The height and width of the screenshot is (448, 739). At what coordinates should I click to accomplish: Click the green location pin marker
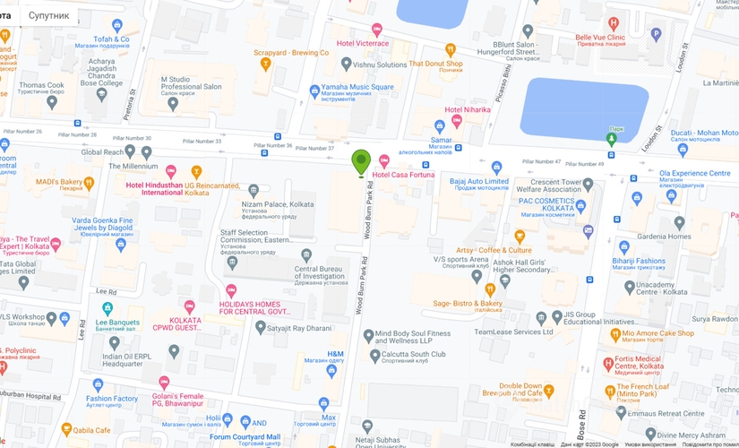point(361,161)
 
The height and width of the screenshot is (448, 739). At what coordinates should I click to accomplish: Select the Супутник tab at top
point(48,15)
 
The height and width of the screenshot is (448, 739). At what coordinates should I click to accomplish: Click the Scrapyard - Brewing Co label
point(291,53)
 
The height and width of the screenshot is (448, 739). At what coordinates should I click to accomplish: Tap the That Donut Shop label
point(435,64)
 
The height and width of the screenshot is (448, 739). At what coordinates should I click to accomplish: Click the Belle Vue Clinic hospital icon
point(613,23)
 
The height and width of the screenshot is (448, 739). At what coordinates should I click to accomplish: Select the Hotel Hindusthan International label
point(167,188)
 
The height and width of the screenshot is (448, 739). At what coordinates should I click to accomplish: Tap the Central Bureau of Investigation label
point(320,272)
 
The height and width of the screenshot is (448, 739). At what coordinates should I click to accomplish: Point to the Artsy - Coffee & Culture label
point(494,250)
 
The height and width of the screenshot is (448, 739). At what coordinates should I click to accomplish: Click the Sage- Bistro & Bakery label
point(468,304)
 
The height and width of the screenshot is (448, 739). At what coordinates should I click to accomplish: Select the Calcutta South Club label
point(414,354)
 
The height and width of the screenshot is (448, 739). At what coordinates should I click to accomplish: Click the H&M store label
point(335,354)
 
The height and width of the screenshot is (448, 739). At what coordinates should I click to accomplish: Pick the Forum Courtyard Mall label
point(245,436)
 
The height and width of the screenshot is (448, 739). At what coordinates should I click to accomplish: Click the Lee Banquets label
point(118,322)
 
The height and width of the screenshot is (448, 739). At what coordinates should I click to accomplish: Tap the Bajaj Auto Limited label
point(478,181)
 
